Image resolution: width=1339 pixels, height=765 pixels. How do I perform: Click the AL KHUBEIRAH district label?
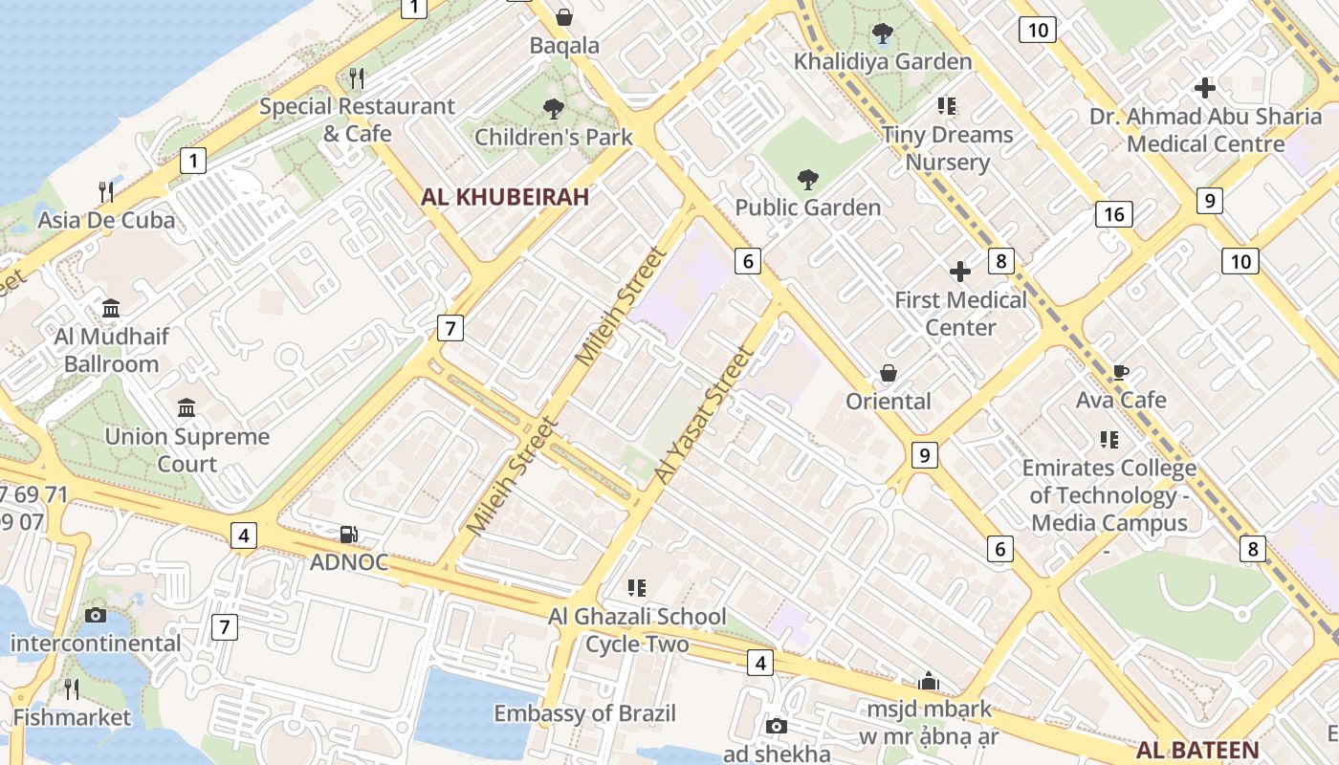tap(505, 197)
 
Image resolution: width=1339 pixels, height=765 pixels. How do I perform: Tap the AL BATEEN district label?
tap(1197, 749)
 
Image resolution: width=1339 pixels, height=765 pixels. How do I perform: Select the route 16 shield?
tap(1114, 214)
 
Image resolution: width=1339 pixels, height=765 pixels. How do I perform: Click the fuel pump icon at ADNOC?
tap(349, 535)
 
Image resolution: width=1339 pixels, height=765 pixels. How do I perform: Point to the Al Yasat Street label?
tap(705, 414)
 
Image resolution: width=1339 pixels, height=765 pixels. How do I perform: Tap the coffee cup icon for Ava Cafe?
tap(1121, 372)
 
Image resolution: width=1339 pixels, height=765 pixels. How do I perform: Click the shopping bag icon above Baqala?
tap(564, 17)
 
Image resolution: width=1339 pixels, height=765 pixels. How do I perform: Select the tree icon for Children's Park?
tap(553, 109)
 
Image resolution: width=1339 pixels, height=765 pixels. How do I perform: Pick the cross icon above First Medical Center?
tap(960, 273)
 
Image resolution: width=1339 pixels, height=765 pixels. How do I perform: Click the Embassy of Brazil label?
tap(584, 713)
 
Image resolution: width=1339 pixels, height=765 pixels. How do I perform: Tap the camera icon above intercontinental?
tap(95, 615)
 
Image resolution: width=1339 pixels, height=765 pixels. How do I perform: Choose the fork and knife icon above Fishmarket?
tap(71, 688)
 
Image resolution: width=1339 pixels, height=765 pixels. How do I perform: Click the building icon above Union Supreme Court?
tap(187, 409)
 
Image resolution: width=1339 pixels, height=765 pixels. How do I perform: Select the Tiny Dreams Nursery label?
tap(947, 148)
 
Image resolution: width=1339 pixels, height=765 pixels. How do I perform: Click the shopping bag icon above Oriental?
tap(889, 373)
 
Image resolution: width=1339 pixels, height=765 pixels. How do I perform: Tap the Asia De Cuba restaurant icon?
tap(106, 192)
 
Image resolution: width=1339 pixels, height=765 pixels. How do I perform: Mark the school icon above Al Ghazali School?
tap(637, 587)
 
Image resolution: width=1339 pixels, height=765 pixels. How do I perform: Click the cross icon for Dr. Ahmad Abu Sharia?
tap(1205, 88)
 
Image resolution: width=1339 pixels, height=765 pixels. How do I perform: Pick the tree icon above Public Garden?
tap(808, 179)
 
